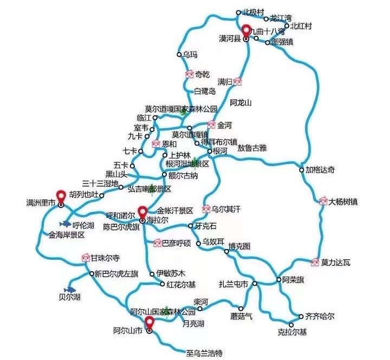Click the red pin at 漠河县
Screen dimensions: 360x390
tap(246, 31)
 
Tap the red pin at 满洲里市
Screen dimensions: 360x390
tap(61, 195)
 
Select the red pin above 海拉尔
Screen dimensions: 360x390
tap(143, 211)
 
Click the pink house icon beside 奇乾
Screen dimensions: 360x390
tap(189, 74)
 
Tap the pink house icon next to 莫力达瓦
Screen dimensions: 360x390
tap(315, 263)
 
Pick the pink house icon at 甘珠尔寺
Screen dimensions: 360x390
tap(85, 257)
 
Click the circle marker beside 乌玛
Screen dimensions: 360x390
tap(179, 54)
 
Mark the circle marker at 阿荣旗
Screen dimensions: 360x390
tap(278, 279)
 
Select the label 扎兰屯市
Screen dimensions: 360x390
tap(233, 284)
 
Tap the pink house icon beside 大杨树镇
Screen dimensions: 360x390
tap(324, 202)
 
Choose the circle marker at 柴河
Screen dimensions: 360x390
tap(199, 309)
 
